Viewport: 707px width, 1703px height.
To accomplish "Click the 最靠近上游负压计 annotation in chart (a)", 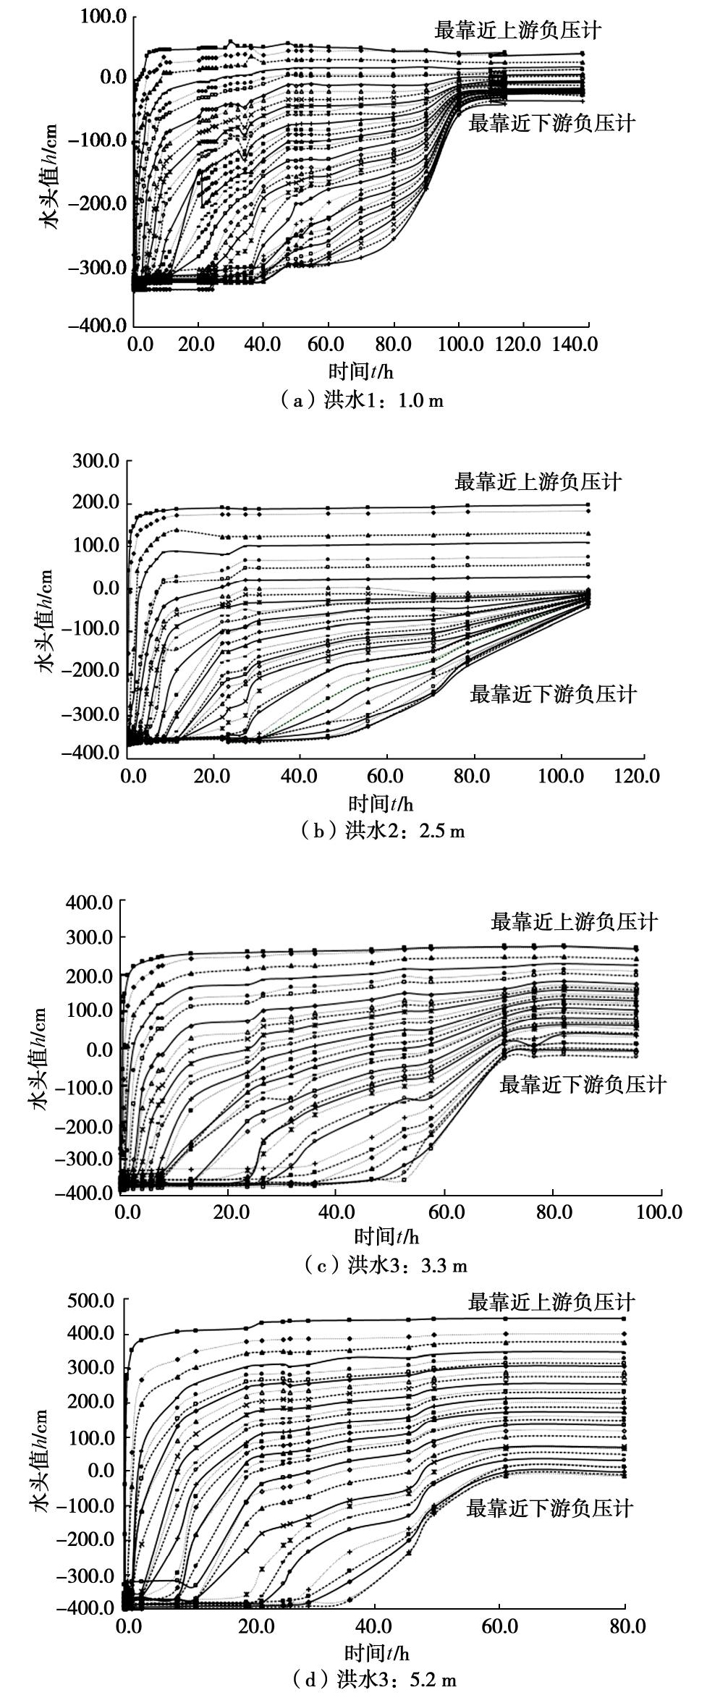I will pyautogui.click(x=517, y=30).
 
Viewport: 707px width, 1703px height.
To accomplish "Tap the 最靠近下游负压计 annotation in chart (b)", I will pyautogui.click(x=553, y=695).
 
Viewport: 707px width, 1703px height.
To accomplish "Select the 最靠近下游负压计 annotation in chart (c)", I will pyautogui.click(x=582, y=1085).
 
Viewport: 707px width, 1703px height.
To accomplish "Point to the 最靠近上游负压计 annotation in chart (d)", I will pyautogui.click(x=551, y=1302).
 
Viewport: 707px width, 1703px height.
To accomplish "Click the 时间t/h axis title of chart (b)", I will pyautogui.click(x=381, y=803).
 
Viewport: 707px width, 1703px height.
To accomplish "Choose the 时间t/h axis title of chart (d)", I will pyautogui.click(x=376, y=1647).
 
